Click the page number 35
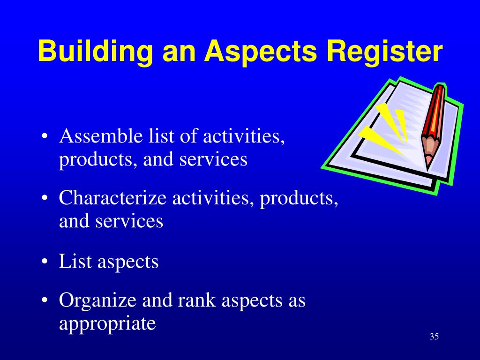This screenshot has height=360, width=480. click(x=434, y=337)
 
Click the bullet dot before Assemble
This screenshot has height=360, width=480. click(x=45, y=138)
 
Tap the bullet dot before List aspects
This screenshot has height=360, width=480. click(x=45, y=262)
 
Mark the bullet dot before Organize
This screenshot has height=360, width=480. click(x=45, y=301)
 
